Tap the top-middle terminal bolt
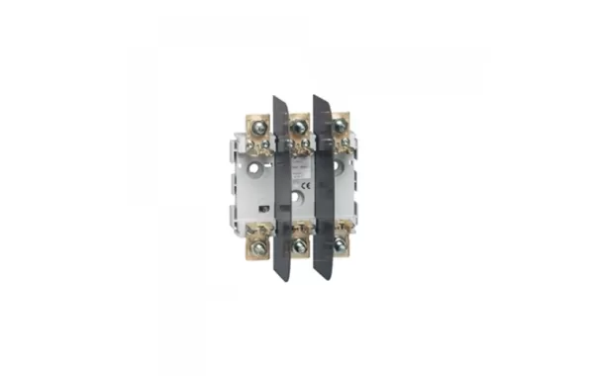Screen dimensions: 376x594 [x=298, y=125]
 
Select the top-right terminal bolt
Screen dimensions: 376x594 [x=341, y=126]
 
